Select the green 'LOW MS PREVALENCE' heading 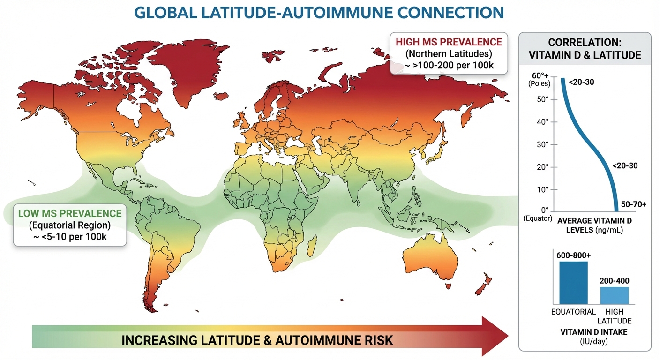(x=69, y=213)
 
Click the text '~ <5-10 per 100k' (x=69, y=236)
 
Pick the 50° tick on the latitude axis (x=543, y=99)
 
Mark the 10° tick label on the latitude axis (x=543, y=189)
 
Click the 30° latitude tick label (x=543, y=144)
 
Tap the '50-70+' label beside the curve (x=633, y=205)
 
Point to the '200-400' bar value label (x=615, y=281)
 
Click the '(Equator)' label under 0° (x=537, y=219)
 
